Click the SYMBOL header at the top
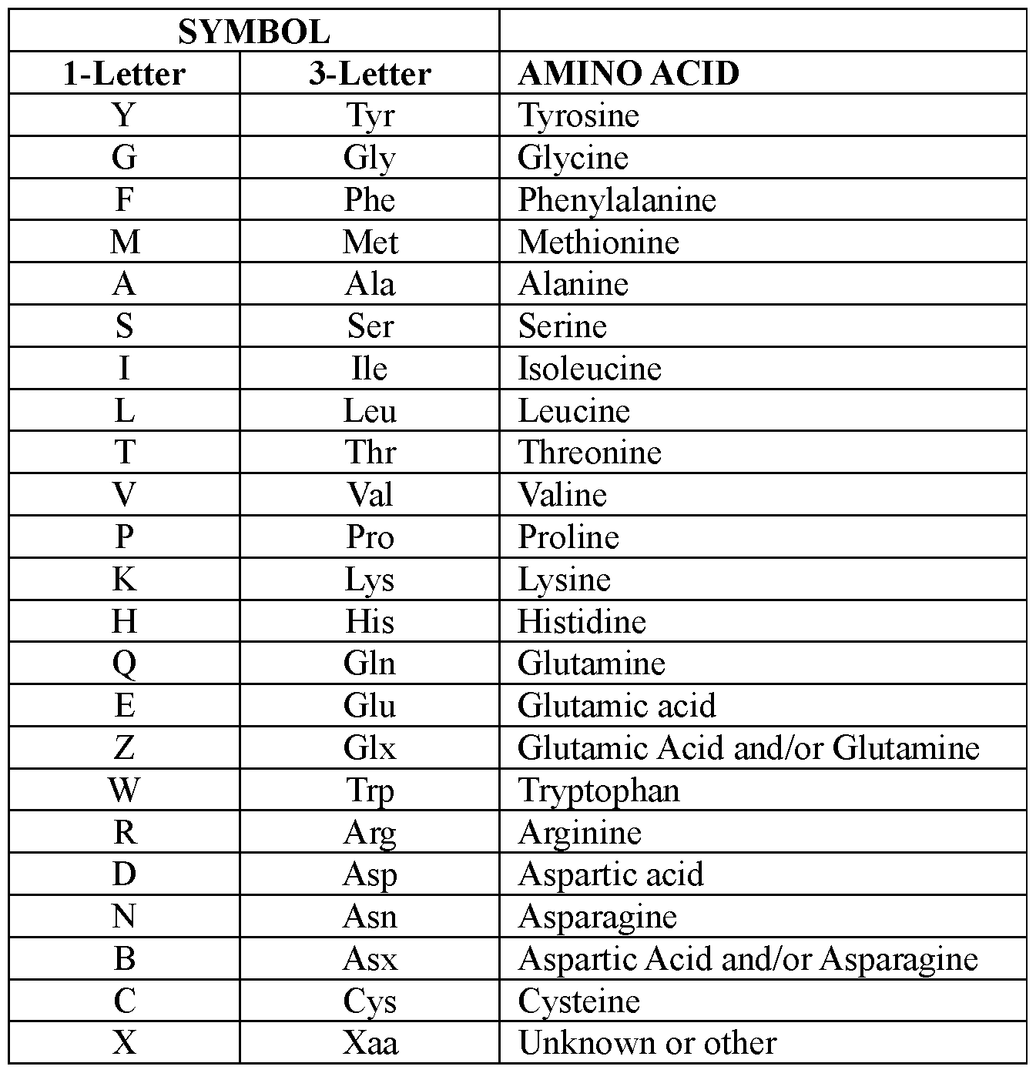coord(253,32)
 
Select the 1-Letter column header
coord(124,74)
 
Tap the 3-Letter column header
coord(370,74)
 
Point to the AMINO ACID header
coord(629,74)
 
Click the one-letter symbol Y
coord(124,115)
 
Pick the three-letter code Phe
coord(370,200)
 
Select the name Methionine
coord(598,242)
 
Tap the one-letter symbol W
coord(124,790)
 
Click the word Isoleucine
coord(589,369)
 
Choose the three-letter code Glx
coord(370,747)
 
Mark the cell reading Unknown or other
coord(647,1043)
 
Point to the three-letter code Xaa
coord(370,1043)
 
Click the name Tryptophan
coord(598,790)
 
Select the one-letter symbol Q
coord(124,664)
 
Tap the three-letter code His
coord(370,621)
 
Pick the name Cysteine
coord(578,1001)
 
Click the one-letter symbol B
coord(124,959)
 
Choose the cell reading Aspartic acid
coord(611,874)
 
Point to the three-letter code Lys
coord(370,579)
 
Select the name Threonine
coord(589,453)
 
